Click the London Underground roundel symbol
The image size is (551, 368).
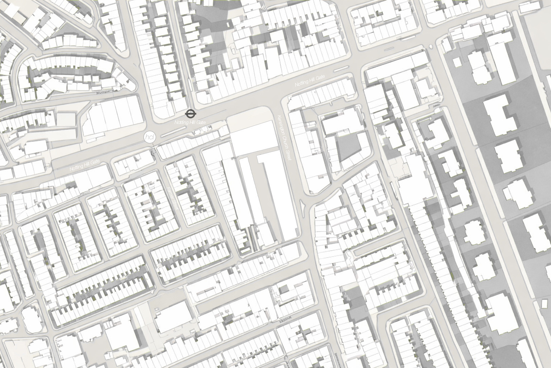[190, 114]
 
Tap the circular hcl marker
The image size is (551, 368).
[149, 137]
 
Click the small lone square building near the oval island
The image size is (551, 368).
[457, 62]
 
